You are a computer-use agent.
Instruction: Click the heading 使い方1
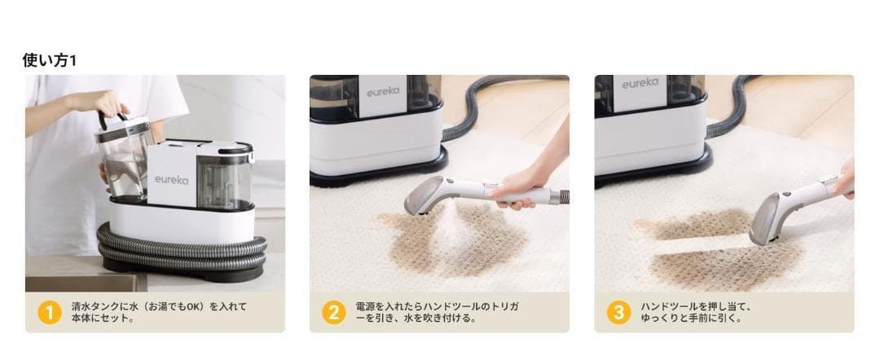pos(50,60)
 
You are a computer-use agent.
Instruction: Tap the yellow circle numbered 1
pos(50,313)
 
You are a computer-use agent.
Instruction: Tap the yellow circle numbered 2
pos(334,313)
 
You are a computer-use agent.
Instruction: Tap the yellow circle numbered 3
pos(618,313)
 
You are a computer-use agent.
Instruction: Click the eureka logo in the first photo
pos(172,180)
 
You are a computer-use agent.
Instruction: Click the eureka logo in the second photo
pos(383,91)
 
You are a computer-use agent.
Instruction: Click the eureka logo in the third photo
pos(640,83)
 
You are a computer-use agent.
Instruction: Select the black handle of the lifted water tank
pos(112,120)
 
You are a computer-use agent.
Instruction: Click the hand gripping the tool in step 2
pos(522,186)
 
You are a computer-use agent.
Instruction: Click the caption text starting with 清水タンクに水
pos(159,313)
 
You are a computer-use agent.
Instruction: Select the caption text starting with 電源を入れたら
pos(438,313)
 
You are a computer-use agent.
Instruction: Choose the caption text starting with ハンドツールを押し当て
pos(696,313)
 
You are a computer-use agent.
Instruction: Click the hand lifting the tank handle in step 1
pos(103,103)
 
